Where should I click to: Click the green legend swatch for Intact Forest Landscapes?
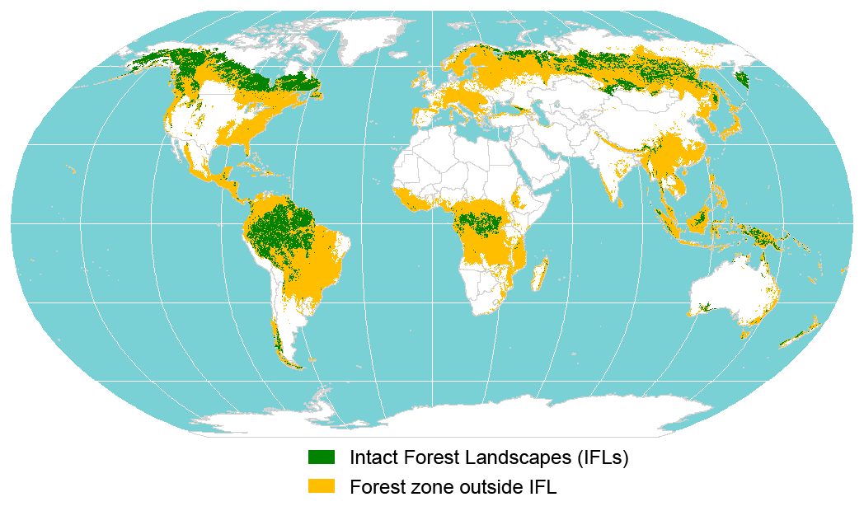pyautogui.click(x=321, y=457)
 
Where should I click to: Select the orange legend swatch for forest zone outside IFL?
pyautogui.click(x=321, y=486)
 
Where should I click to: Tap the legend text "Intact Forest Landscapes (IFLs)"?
pyautogui.click(x=489, y=457)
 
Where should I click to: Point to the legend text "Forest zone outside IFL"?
pyautogui.click(x=453, y=486)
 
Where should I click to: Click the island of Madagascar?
pyautogui.click(x=540, y=274)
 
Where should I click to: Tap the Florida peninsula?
pyautogui.click(x=247, y=152)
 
